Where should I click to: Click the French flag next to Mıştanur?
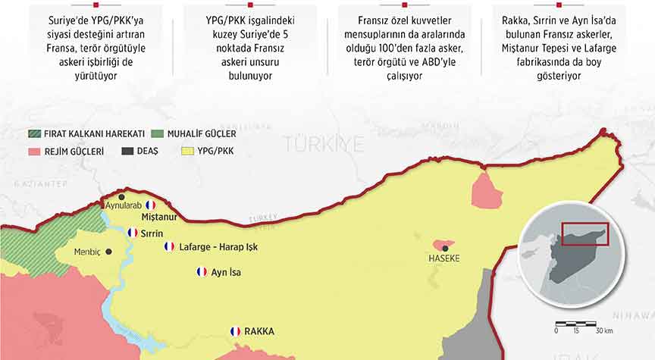coord(150,205)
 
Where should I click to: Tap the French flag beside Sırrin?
coord(133,233)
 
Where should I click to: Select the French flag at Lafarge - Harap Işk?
coord(169,246)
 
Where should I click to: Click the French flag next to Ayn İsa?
coord(202,271)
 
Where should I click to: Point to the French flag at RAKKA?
coord(235,331)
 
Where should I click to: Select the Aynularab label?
coord(123,206)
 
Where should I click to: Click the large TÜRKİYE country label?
coord(324,143)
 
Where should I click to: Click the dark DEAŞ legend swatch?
coord(128,151)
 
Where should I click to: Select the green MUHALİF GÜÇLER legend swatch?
coord(158,134)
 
